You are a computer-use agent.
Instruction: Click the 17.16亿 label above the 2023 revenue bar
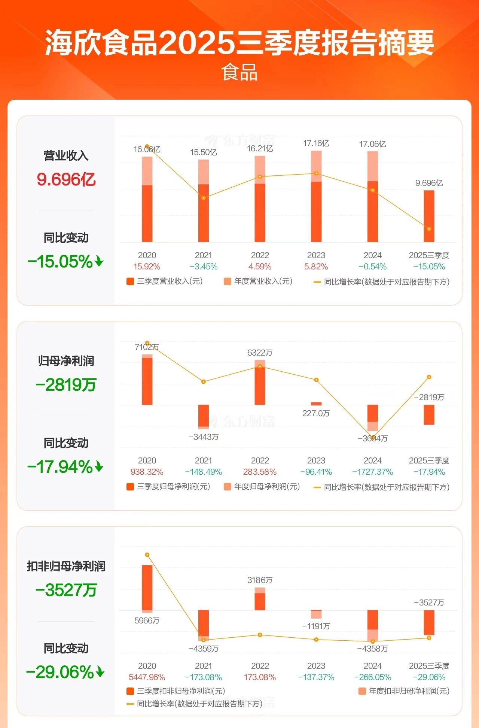click(x=316, y=144)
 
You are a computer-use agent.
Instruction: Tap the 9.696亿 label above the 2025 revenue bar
click(x=429, y=183)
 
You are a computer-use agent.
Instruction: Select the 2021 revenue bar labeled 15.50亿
click(x=204, y=201)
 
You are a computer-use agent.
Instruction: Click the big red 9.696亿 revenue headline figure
click(x=66, y=179)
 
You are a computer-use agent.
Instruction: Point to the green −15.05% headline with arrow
click(x=65, y=262)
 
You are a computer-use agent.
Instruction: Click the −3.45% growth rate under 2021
click(x=204, y=267)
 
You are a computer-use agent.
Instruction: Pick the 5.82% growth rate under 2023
click(x=316, y=267)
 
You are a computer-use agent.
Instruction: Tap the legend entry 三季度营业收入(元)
click(x=165, y=281)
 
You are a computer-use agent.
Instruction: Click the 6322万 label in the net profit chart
click(x=260, y=353)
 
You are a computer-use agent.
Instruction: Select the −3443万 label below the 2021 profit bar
click(x=204, y=437)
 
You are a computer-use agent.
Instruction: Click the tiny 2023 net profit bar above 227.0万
click(x=316, y=404)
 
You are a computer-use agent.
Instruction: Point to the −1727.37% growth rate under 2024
click(x=373, y=472)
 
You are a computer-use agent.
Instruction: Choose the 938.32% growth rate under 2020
click(x=147, y=472)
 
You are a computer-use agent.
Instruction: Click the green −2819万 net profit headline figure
click(x=66, y=385)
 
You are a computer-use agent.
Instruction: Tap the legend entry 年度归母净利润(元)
click(x=262, y=487)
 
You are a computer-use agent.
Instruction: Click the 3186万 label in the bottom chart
click(x=260, y=580)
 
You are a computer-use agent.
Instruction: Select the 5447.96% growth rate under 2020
click(x=147, y=677)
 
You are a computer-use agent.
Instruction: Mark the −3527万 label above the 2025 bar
click(x=429, y=603)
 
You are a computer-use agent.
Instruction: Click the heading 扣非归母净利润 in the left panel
click(x=66, y=567)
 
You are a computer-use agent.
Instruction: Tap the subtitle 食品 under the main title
click(x=239, y=72)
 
